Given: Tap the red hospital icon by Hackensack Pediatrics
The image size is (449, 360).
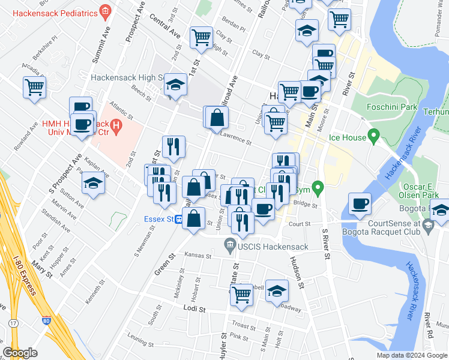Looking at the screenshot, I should click(x=106, y=11).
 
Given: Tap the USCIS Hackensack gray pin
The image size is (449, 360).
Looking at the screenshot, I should click(x=229, y=244).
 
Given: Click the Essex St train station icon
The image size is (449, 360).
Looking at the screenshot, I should click(x=179, y=220).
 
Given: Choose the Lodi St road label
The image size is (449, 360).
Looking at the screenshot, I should click(x=194, y=309).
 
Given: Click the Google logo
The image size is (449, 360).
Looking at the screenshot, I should click(x=20, y=353).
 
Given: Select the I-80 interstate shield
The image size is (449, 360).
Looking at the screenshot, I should click(x=47, y=320).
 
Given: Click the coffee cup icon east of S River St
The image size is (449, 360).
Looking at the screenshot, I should click(x=360, y=204).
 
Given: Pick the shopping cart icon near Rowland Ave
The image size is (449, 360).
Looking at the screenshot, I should click(x=34, y=87).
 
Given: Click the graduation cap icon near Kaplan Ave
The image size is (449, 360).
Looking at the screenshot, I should click(x=94, y=184).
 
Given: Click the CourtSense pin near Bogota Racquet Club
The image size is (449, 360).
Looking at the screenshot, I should click(x=427, y=226).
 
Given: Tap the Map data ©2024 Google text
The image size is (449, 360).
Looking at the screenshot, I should click(x=412, y=355).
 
